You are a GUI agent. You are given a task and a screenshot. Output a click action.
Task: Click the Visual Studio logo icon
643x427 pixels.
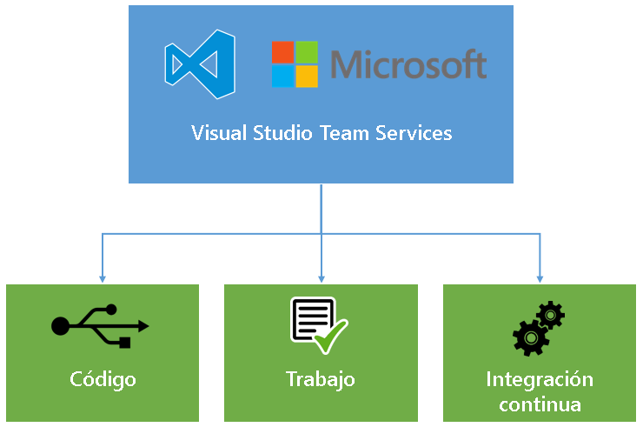[x=201, y=64]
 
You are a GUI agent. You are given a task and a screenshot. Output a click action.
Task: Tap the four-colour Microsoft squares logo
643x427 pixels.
[x=295, y=64]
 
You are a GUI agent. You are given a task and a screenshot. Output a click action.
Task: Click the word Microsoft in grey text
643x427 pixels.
[x=408, y=64]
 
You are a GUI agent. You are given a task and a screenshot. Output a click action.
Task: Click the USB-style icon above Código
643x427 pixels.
[x=101, y=325]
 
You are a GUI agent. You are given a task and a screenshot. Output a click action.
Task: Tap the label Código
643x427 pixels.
[x=103, y=380]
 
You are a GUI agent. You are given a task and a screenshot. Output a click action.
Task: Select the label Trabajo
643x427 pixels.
[x=321, y=380]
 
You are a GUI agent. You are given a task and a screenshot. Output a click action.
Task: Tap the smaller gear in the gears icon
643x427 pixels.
[x=551, y=313]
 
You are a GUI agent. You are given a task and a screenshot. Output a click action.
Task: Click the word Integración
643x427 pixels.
[x=540, y=380]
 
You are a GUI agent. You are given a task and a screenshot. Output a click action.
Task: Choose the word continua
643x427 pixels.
[x=540, y=404]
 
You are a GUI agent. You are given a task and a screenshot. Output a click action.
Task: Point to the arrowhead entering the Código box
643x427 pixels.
[x=103, y=278]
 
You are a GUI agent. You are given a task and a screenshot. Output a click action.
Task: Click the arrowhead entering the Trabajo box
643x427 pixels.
[x=321, y=278]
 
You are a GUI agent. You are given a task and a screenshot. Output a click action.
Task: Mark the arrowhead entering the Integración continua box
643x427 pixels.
[x=540, y=278]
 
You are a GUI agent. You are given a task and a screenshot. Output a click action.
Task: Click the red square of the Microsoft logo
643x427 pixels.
[x=282, y=52]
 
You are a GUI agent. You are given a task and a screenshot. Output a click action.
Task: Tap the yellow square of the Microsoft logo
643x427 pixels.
[x=307, y=77]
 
